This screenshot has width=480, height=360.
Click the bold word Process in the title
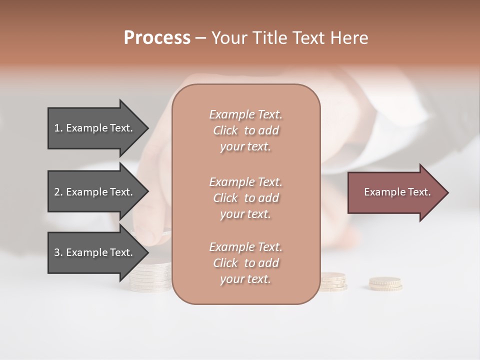(x=157, y=38)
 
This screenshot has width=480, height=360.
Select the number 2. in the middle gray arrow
(x=58, y=192)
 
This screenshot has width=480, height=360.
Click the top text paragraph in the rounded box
(x=245, y=130)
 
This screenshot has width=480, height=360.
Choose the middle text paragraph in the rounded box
(x=245, y=198)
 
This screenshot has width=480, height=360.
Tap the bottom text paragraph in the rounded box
(x=245, y=263)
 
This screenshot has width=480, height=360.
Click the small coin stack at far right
(x=385, y=284)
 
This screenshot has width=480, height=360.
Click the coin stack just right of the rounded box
(x=333, y=281)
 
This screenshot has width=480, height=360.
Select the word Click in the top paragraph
(x=225, y=130)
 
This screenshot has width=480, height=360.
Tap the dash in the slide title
(x=200, y=38)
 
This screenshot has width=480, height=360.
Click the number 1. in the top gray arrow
(x=58, y=128)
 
